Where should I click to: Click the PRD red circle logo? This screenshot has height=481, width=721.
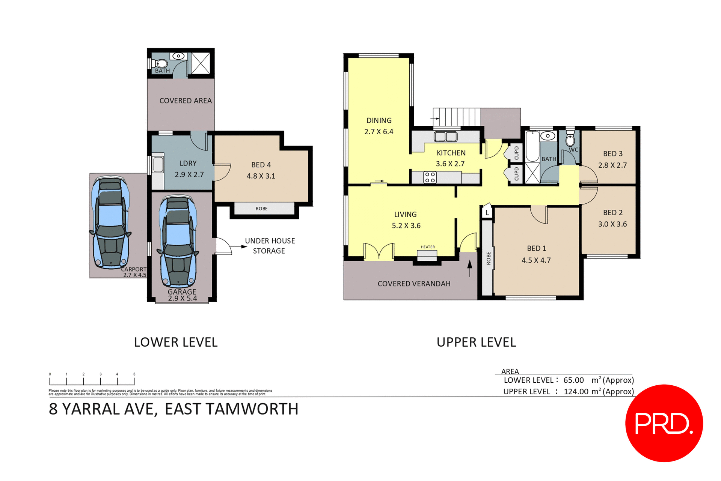click(x=664, y=423)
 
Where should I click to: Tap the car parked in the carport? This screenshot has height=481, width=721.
click(x=110, y=223)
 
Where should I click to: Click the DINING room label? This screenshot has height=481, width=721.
click(x=379, y=120)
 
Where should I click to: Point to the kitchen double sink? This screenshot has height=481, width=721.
click(x=445, y=136)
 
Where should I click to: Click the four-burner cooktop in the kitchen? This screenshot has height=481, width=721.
click(x=430, y=177)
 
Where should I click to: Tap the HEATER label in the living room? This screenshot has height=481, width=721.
click(x=428, y=247)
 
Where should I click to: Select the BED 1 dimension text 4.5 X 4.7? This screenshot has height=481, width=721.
click(x=536, y=260)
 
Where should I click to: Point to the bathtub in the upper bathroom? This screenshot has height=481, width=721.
click(x=532, y=146)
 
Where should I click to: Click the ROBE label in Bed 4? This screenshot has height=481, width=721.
click(x=262, y=209)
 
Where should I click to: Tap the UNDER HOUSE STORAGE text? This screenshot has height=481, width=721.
click(x=270, y=246)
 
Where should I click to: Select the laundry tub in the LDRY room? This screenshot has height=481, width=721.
click(x=158, y=164)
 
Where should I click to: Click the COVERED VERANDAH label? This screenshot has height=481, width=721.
click(x=414, y=284)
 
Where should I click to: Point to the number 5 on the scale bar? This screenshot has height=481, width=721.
click(x=134, y=374)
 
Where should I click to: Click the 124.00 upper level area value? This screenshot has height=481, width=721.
click(x=576, y=391)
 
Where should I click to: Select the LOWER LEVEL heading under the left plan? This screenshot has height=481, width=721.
click(x=176, y=342)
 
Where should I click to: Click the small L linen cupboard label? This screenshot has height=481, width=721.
click(x=487, y=213)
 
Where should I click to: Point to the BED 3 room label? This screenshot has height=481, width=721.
click(x=612, y=153)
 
